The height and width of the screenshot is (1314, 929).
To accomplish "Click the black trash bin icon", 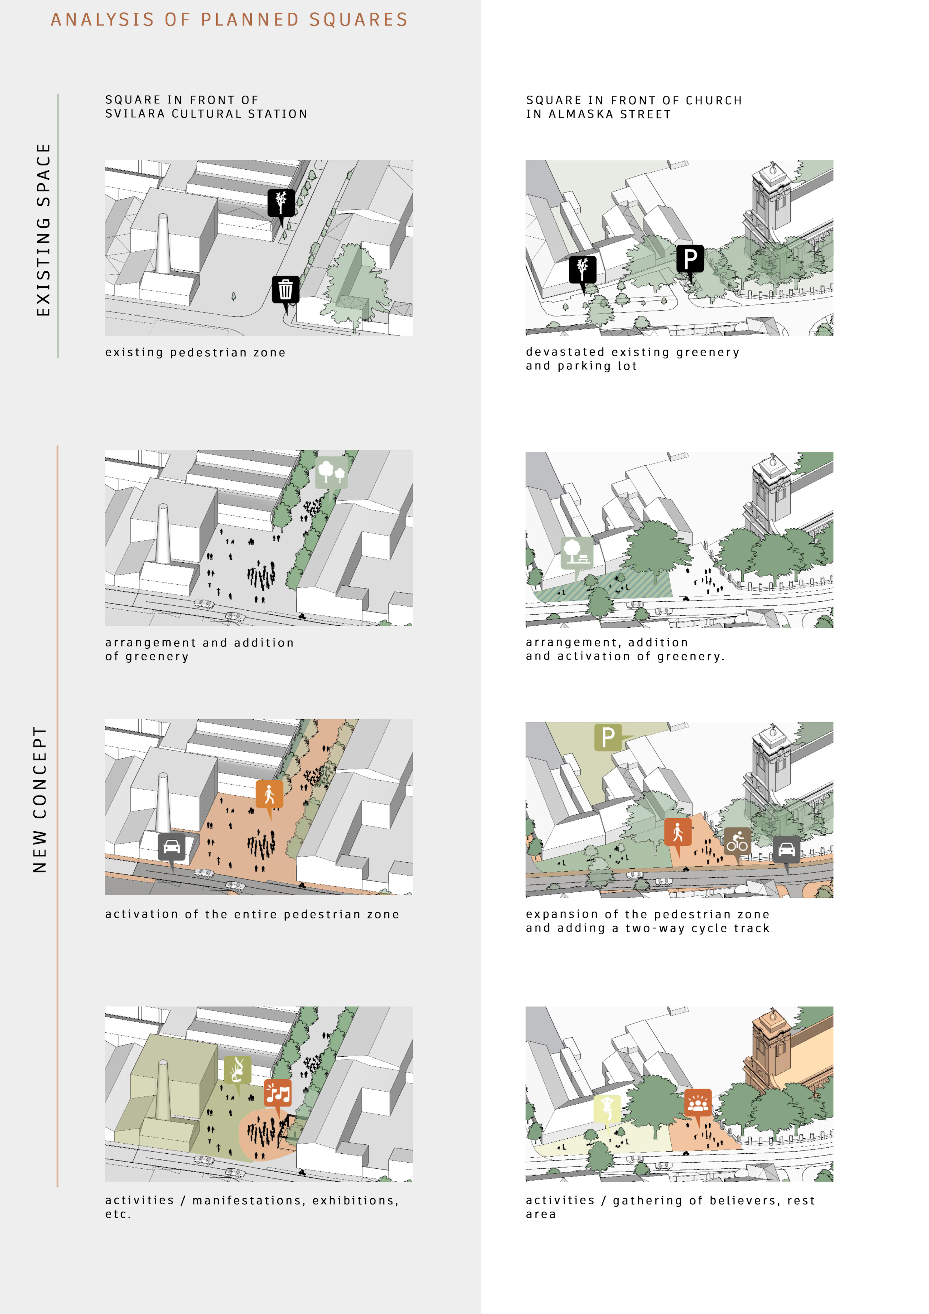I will [285, 290].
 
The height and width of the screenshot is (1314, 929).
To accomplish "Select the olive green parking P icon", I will [608, 737].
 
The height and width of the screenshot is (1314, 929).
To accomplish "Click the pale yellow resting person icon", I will [607, 1109].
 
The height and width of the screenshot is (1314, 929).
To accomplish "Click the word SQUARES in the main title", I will [358, 20].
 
